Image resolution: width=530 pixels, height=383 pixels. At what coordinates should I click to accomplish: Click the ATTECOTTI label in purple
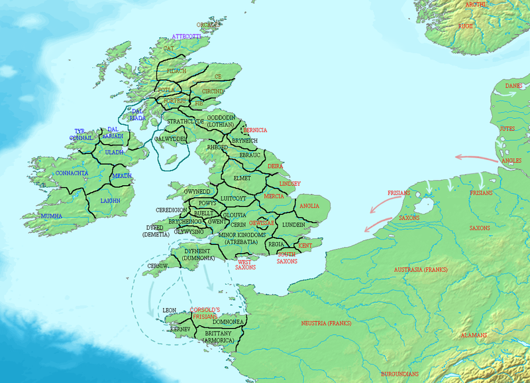point(186,36)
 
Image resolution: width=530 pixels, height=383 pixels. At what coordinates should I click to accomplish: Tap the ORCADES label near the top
point(207,25)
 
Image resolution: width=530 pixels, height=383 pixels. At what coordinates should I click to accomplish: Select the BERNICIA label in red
point(255,130)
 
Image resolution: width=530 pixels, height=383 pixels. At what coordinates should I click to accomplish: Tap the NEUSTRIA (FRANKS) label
point(325,323)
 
